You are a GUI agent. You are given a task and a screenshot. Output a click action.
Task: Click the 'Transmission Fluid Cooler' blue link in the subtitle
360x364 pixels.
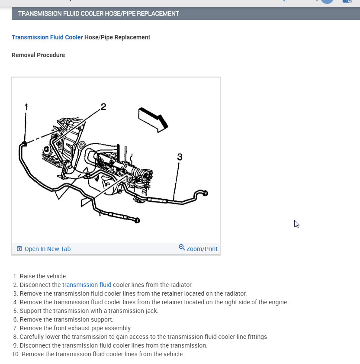click(x=47, y=37)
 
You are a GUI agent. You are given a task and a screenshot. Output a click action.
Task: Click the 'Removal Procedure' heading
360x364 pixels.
click(x=38, y=55)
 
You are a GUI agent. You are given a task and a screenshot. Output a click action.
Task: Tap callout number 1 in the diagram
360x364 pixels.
click(x=26, y=106)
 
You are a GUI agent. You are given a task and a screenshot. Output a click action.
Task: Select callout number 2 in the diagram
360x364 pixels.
click(x=103, y=106)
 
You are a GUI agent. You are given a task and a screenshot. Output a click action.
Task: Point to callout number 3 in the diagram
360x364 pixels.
click(x=180, y=157)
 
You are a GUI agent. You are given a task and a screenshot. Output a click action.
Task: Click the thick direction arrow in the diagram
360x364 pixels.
click(x=153, y=119)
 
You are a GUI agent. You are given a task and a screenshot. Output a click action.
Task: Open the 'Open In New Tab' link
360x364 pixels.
click(x=47, y=249)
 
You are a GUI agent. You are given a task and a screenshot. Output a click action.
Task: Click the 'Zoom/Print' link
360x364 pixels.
click(x=202, y=249)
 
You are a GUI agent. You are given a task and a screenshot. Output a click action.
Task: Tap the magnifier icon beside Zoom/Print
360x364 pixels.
click(x=182, y=248)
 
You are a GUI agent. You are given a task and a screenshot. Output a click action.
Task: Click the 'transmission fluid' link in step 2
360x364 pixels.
click(x=87, y=285)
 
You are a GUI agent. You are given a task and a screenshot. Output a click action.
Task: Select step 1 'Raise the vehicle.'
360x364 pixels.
click(x=43, y=276)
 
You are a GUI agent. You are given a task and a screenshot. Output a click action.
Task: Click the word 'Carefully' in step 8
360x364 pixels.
click(x=33, y=337)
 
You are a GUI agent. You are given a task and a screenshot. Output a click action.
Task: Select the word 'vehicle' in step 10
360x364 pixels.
click(x=173, y=354)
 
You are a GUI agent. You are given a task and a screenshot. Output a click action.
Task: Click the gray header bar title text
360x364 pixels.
click(x=98, y=13)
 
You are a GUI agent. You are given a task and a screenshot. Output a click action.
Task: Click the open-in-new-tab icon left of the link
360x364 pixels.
click(x=19, y=249)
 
